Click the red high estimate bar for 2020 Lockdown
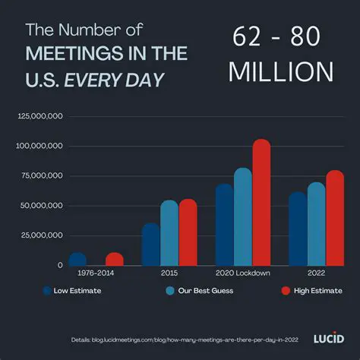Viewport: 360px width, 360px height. point(261,203)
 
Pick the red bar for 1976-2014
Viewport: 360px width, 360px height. point(115,259)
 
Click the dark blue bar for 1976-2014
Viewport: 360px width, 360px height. point(77,259)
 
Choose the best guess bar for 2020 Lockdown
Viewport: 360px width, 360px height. point(243,217)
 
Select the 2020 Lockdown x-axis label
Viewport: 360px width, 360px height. point(242,273)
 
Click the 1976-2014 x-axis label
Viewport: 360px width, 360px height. point(96,273)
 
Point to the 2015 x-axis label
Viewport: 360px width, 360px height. point(169,273)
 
